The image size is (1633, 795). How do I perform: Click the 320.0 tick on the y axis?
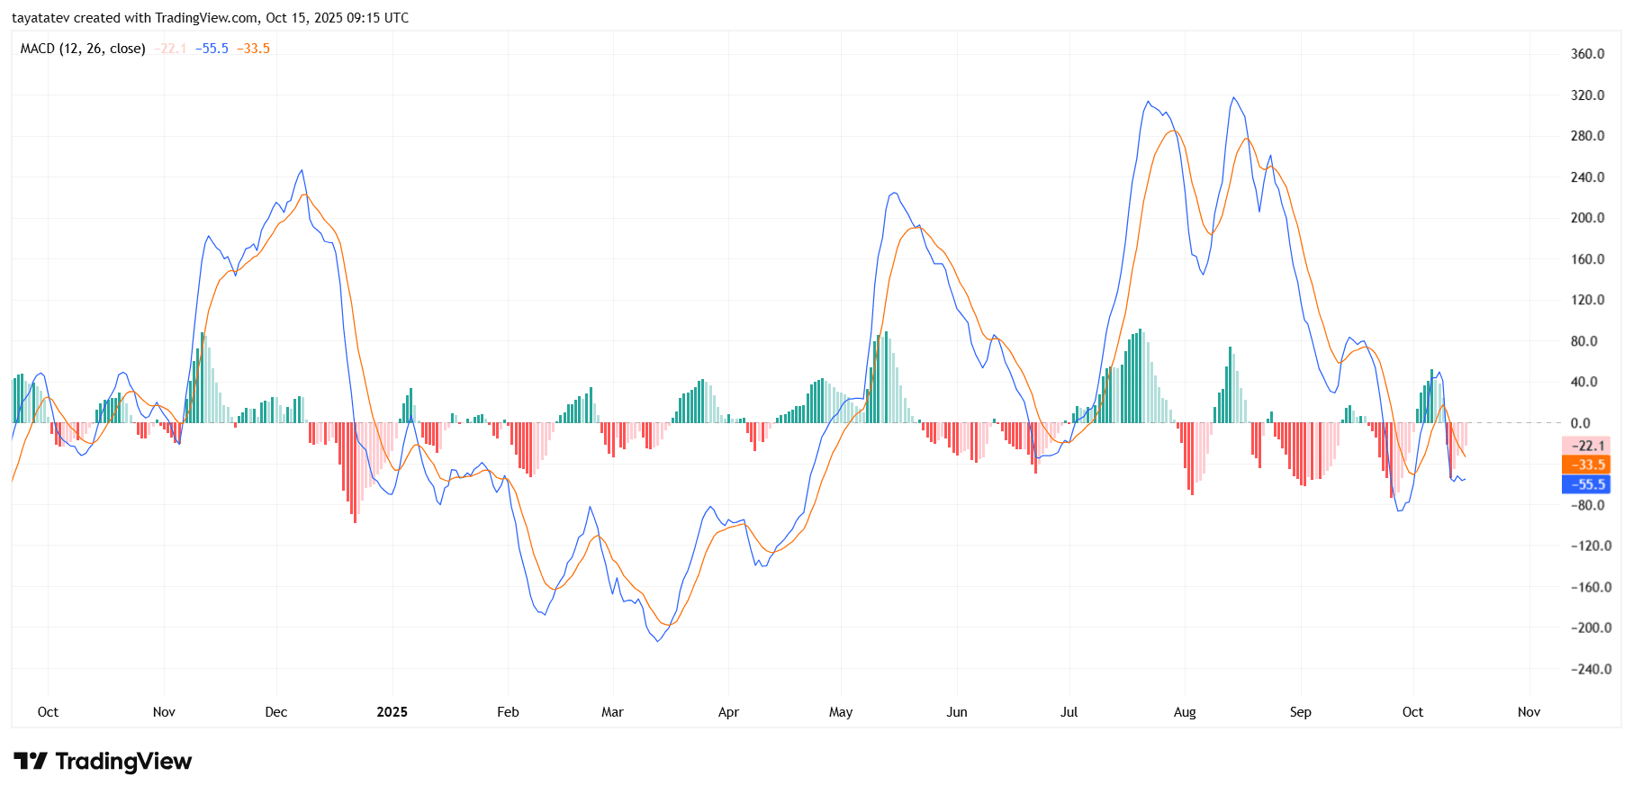(1587, 95)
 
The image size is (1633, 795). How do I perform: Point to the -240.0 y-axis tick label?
(1591, 669)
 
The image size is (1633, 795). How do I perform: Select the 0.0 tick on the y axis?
(1580, 423)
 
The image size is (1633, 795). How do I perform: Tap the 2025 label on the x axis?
(392, 712)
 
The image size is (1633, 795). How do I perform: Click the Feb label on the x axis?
(508, 712)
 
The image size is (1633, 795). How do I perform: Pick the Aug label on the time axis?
(1185, 712)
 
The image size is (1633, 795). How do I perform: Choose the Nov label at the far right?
(1529, 712)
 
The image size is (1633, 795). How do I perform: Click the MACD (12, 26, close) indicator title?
(83, 49)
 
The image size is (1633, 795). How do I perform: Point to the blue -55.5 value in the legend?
(212, 49)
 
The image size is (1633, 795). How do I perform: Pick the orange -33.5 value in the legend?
(253, 49)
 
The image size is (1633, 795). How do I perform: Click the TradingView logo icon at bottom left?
(31, 762)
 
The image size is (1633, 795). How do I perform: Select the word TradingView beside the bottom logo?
(123, 762)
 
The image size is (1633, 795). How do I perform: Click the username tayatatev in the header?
(41, 18)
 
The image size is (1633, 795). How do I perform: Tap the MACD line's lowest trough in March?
(657, 641)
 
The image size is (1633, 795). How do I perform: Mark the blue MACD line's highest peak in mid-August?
(1233, 98)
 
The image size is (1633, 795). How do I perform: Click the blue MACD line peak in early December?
(302, 170)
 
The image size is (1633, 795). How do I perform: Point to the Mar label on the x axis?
(612, 712)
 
